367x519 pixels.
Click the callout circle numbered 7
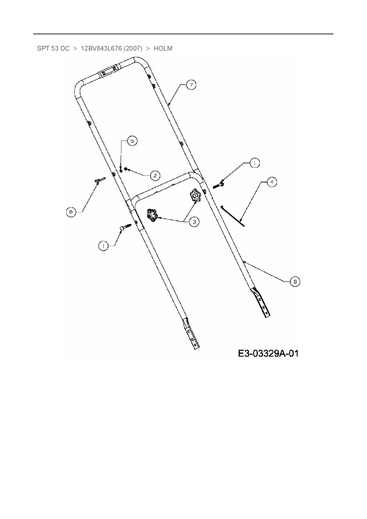coord(191,85)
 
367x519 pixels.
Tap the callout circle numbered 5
coord(132,141)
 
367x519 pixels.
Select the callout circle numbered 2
coord(155,175)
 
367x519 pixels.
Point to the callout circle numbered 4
coord(272,182)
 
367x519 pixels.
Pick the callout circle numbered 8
coord(71,212)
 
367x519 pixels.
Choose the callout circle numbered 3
coord(194,222)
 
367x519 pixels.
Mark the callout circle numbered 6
coord(295,281)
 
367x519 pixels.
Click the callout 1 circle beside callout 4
coord(255,163)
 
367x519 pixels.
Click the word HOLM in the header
coord(163,49)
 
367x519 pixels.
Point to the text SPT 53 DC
coord(53,49)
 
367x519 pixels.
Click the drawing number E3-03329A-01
coord(268,353)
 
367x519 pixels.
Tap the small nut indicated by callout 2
coord(126,169)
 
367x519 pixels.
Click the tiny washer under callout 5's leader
coord(121,171)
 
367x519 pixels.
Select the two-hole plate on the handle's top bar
coord(108,71)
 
